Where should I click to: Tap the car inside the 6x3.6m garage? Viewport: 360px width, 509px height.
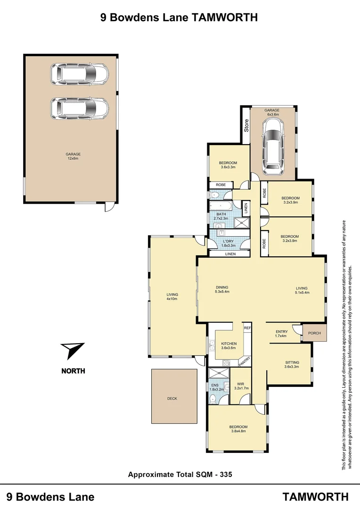click(273, 144)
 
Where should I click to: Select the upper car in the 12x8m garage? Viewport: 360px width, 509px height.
click(80, 74)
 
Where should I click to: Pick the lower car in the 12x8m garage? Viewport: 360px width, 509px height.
click(80, 108)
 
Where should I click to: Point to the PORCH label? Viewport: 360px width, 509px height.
click(314, 333)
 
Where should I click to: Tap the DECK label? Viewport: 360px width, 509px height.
click(172, 398)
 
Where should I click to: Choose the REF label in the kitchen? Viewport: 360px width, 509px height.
click(247, 327)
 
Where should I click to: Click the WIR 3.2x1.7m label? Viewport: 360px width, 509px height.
click(241, 386)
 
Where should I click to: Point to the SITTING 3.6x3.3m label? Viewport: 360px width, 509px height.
click(291, 365)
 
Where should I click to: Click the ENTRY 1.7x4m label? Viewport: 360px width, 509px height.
click(281, 335)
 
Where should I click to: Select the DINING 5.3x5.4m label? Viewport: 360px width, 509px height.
click(222, 290)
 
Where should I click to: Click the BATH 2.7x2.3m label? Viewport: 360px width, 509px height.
click(221, 216)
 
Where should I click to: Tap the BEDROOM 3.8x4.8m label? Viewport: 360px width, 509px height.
click(239, 429)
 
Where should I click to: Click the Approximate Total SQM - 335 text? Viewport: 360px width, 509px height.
click(180, 475)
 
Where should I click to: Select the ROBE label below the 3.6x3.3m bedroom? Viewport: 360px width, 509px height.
click(220, 185)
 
